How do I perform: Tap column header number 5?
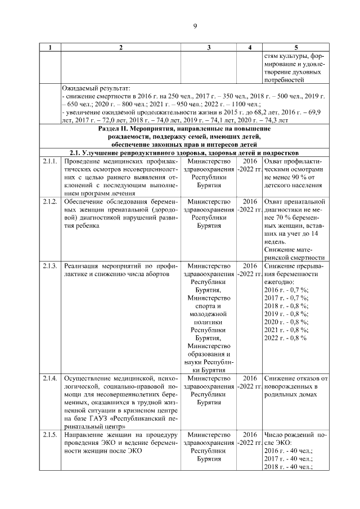(296, 48)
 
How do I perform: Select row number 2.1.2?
(50, 201)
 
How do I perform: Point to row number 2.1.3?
(50, 266)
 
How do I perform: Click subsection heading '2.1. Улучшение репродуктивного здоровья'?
(185, 153)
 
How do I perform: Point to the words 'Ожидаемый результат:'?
(96, 88)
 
